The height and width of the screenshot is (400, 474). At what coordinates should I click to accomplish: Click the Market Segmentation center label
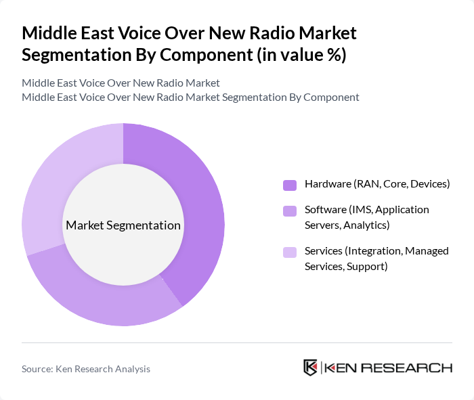[x=123, y=225]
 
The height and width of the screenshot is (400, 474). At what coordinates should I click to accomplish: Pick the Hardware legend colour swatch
[x=290, y=185]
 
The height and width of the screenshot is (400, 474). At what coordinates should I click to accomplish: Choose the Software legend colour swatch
[x=290, y=211]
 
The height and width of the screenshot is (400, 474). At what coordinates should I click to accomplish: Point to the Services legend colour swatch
[x=290, y=252]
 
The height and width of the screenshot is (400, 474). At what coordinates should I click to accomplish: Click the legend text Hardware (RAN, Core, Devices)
[x=377, y=184]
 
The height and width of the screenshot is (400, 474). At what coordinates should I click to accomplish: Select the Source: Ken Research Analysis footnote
[x=86, y=369]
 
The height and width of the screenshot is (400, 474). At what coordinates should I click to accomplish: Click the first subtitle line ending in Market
[x=121, y=83]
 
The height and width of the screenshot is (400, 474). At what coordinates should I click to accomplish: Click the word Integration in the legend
[x=374, y=251]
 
